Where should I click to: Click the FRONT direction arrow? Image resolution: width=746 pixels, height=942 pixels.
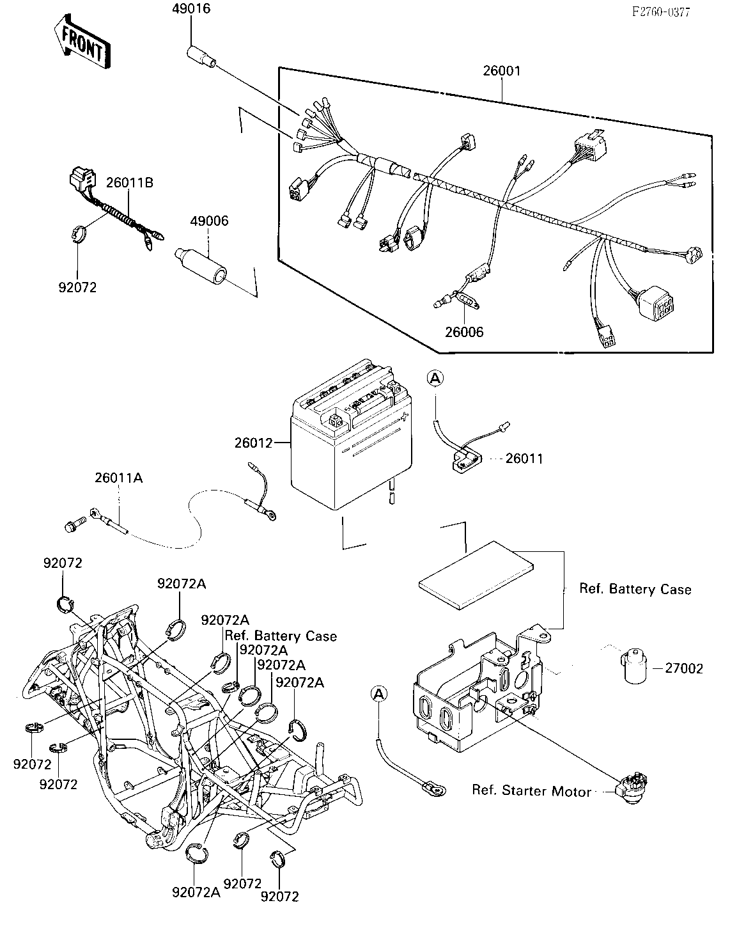(82, 42)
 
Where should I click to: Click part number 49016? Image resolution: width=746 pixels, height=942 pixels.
(191, 8)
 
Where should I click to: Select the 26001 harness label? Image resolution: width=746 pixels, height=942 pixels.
(502, 71)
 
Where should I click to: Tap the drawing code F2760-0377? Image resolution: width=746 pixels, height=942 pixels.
(661, 12)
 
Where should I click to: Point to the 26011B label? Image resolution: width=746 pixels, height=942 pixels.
(130, 182)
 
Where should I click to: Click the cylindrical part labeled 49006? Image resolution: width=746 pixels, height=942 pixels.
(201, 266)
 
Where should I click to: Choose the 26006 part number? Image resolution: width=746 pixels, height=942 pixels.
(464, 333)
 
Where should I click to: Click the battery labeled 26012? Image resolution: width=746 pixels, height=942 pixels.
(351, 435)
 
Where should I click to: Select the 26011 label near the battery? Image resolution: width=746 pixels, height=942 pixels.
(524, 459)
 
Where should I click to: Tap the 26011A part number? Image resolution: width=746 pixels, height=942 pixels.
(119, 478)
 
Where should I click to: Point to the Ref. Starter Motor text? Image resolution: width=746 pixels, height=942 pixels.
(532, 791)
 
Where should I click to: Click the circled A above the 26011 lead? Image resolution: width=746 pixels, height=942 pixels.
(435, 378)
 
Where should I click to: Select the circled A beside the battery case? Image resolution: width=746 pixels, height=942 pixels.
(379, 694)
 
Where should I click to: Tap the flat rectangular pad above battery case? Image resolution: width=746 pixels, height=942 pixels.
(476, 575)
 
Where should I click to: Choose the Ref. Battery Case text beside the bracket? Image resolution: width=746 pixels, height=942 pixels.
(635, 589)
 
